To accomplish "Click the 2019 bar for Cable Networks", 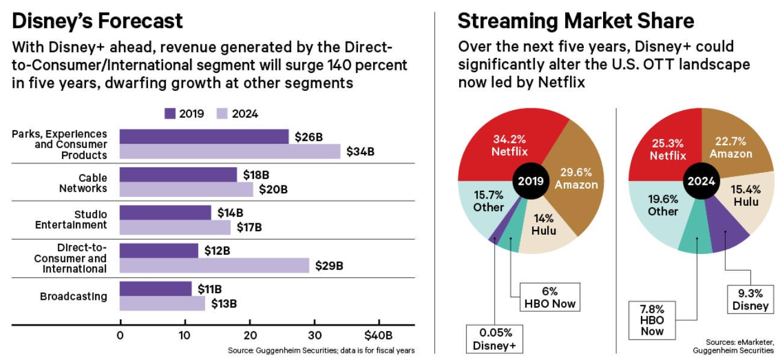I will (x=178, y=175).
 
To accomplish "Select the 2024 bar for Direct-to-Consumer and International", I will (x=214, y=265).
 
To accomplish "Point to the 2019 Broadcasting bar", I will (x=155, y=288).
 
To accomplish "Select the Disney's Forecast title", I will (x=97, y=22).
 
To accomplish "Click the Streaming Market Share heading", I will (x=576, y=22).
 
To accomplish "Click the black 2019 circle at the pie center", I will (x=530, y=181).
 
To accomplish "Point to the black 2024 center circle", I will (x=701, y=181).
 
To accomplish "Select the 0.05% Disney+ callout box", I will (x=495, y=338).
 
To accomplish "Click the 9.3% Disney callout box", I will (x=749, y=299).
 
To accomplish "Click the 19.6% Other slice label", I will (x=663, y=205).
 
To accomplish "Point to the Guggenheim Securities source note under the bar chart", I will (x=321, y=350).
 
